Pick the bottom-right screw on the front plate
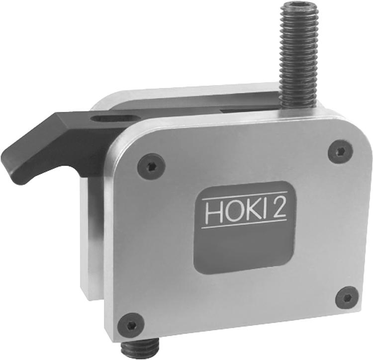tap(348, 297)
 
